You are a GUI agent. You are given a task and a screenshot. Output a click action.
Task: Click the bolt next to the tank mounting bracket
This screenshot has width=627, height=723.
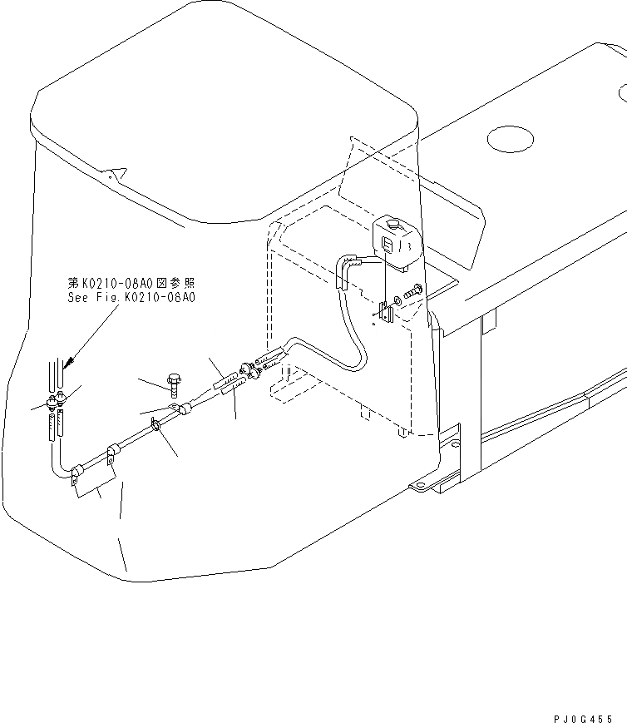pos(414,290)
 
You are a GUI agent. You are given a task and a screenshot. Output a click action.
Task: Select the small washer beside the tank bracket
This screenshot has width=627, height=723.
pos(397,297)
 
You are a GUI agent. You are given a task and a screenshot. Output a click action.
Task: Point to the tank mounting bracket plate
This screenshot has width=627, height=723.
pos(386,313)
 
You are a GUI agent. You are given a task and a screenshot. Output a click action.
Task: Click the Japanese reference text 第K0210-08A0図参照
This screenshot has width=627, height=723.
pos(132,284)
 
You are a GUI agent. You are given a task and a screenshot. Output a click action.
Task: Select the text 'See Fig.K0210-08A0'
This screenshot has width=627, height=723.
pos(132,296)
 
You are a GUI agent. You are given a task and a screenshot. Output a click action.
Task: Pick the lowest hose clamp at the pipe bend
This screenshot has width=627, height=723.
pos(76,473)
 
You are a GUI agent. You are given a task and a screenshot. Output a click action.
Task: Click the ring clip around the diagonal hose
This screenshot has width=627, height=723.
pos(156,428)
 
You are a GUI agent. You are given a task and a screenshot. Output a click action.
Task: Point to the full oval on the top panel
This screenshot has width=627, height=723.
pos(510,138)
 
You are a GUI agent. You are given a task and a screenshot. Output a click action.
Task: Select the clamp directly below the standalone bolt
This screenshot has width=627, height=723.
pos(180,409)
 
